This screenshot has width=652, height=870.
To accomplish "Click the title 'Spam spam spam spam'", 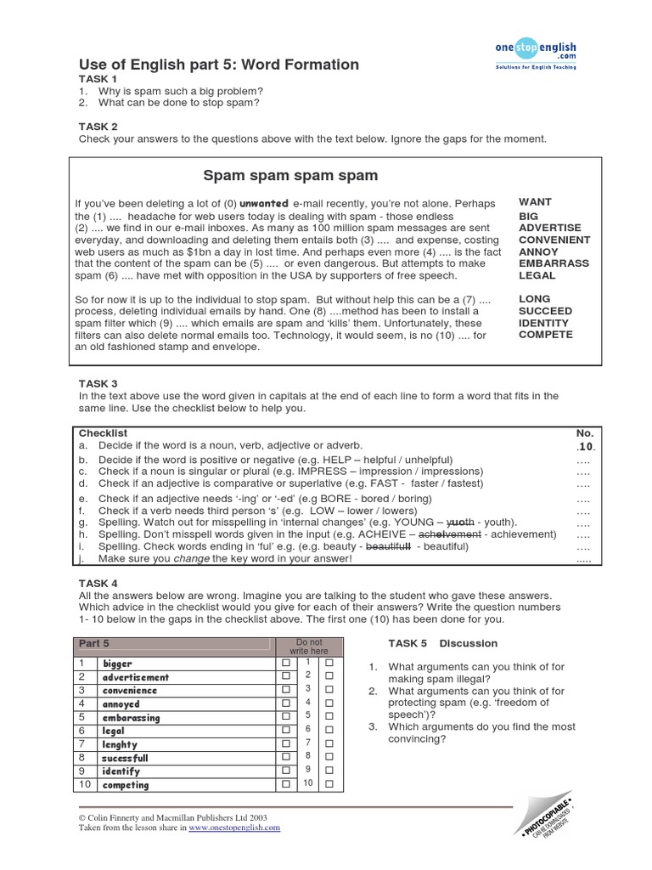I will click(290, 176).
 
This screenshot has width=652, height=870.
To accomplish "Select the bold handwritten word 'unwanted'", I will click(264, 204).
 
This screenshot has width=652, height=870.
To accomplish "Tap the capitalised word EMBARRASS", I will click(554, 263).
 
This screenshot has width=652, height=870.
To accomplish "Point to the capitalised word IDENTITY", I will click(545, 323).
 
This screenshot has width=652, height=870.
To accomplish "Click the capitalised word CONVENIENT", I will click(554, 240).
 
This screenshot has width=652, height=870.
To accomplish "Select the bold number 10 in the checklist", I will click(586, 446).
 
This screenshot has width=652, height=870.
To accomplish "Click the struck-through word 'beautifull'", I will click(388, 546).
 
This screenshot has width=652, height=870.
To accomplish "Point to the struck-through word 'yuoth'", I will click(458, 522).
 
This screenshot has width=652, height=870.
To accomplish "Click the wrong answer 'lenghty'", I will click(121, 744).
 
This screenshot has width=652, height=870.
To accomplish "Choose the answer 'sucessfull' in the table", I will click(126, 758).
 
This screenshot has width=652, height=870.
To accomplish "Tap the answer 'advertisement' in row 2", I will click(136, 677).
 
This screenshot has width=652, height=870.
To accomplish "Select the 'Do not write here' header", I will click(308, 646).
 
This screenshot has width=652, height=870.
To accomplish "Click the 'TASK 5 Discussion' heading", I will click(442, 643).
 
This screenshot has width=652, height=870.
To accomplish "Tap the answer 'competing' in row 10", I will click(126, 785).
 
